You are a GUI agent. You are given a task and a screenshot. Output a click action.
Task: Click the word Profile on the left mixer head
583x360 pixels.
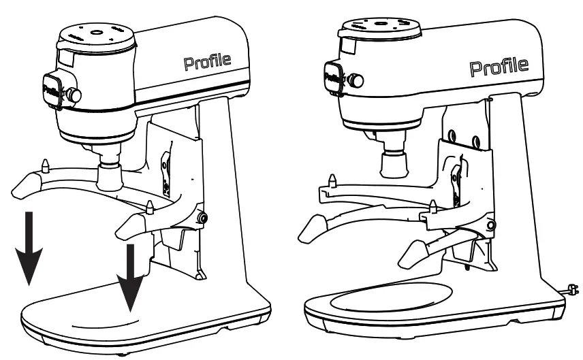(x=207, y=63)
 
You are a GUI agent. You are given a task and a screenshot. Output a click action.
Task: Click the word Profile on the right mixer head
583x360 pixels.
(x=499, y=67)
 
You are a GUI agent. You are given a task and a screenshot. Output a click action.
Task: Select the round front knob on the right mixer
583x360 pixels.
(x=356, y=81)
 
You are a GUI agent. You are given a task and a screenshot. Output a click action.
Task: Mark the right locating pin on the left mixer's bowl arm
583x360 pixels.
(x=149, y=205)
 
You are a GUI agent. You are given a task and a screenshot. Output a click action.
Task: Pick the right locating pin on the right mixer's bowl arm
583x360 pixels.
(x=433, y=205)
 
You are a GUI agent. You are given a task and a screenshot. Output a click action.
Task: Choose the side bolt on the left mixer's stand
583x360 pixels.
(x=202, y=217)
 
